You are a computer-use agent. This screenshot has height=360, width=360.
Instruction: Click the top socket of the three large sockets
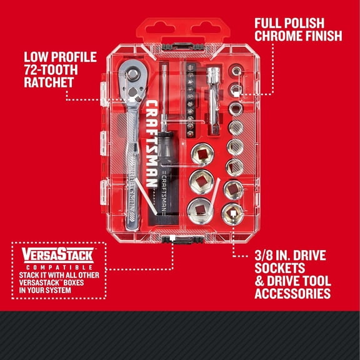204,151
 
